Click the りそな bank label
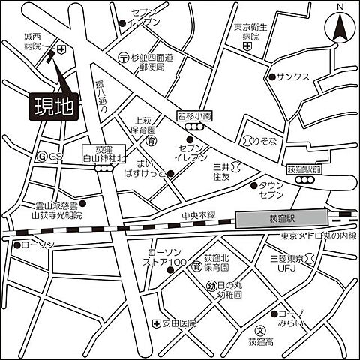point(259,140)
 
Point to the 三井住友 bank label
point(220,172)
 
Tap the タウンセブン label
point(271,190)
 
